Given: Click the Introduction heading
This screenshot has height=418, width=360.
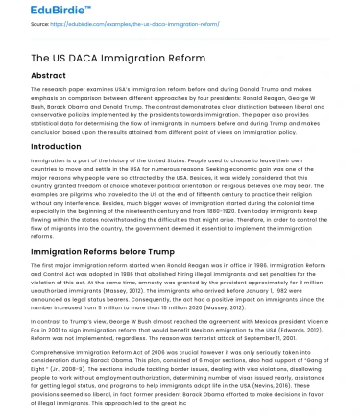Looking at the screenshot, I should tap(44, 147).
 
